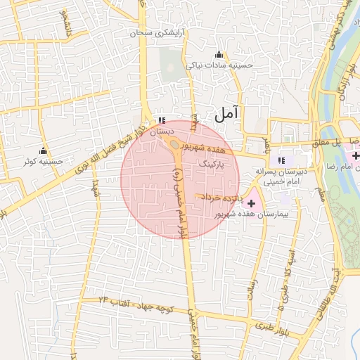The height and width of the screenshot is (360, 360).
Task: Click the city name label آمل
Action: click(226, 112)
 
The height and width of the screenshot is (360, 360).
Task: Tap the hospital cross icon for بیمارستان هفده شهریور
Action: click(252, 203)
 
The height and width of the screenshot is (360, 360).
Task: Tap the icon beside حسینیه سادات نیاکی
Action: click(219, 55)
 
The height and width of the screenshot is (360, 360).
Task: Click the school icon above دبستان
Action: click(162, 120)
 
